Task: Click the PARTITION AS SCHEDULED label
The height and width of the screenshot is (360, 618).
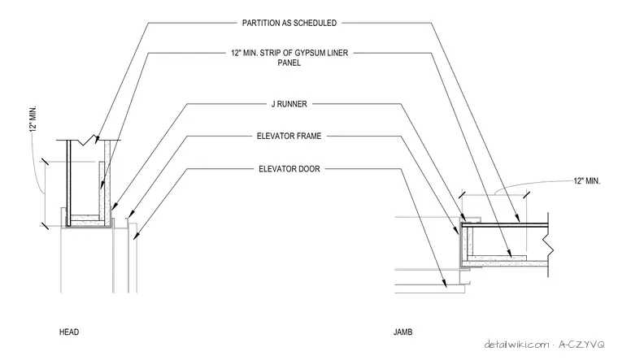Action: [289, 24]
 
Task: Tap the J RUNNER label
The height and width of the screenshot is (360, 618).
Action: [289, 104]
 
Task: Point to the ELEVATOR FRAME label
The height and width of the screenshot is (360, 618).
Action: [289, 137]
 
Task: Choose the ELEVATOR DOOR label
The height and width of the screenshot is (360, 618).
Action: [289, 169]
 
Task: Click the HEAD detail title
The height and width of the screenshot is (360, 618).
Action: [69, 332]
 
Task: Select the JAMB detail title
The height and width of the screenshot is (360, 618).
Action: [403, 332]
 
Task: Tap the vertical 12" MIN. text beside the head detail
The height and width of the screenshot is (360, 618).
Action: [33, 119]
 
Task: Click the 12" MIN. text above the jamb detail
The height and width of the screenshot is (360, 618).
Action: [587, 181]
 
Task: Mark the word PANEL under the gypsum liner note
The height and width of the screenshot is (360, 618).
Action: [289, 63]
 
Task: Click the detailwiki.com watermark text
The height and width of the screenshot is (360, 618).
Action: [516, 345]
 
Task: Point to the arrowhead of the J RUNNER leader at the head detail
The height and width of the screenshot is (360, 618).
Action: [113, 206]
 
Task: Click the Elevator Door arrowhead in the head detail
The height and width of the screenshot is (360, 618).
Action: [136, 236]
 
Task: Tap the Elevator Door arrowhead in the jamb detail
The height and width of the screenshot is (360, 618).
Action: [446, 284]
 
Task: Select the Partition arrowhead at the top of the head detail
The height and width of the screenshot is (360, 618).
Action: [97, 139]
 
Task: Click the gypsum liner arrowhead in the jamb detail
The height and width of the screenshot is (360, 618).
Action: [510, 254]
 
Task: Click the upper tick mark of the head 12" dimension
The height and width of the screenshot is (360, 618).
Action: [45, 162]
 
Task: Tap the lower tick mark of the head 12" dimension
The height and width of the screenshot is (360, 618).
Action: [45, 226]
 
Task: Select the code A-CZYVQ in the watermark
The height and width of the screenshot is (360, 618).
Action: [581, 345]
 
